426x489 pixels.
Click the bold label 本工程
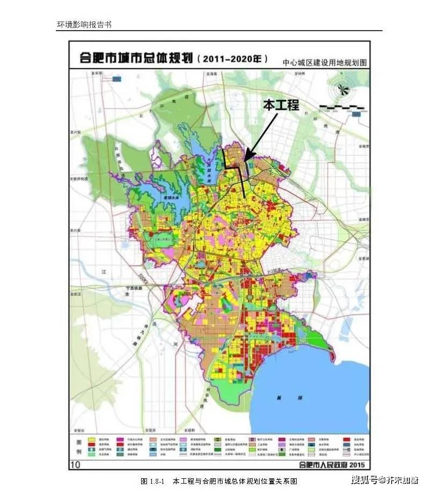(281, 105)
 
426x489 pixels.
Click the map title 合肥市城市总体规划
(136, 59)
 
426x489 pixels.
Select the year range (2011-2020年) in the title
(232, 59)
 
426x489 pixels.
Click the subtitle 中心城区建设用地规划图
(325, 62)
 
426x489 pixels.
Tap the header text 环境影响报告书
(84, 25)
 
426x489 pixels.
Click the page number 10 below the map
(76, 464)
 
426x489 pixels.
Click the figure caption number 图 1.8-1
(152, 480)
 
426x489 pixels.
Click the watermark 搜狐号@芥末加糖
(385, 479)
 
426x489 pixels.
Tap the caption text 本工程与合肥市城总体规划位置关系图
(235, 480)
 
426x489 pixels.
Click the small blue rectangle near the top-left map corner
(117, 78)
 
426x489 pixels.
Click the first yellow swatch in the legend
(93, 440)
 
